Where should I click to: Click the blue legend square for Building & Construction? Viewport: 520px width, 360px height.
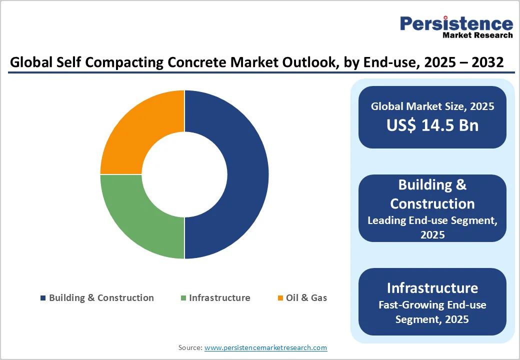tap(43, 298)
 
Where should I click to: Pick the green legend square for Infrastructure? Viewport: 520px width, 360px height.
tap(183, 298)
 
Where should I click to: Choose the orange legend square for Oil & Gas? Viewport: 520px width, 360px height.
tap(280, 298)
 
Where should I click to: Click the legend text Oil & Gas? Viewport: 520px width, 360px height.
tap(306, 298)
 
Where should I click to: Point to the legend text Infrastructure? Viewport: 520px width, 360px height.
tap(219, 298)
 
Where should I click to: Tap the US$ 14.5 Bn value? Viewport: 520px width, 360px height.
tap(432, 125)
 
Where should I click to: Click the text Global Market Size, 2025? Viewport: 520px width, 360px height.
tap(432, 106)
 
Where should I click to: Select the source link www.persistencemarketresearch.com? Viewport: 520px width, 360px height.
tap(265, 347)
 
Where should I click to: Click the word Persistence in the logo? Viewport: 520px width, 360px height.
tap(456, 23)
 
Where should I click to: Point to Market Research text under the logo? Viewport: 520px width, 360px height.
tap(477, 35)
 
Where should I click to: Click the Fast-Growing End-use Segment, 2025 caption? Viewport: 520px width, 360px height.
tap(432, 312)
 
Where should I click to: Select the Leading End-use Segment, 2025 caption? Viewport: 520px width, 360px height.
tap(432, 227)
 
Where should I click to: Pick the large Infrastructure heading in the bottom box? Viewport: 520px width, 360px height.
tap(432, 288)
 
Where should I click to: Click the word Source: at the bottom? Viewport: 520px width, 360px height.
tap(190, 347)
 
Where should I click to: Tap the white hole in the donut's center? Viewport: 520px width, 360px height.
tap(184, 174)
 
